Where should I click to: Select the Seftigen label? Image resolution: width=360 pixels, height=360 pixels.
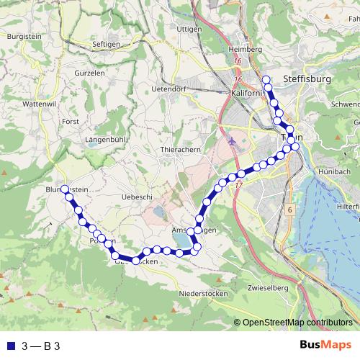coord(107,44)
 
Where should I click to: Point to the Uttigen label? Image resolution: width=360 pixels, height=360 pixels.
coord(189,28)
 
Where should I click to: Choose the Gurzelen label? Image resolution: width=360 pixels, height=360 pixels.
coord(91,73)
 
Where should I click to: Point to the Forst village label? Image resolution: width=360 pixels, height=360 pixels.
coord(71,122)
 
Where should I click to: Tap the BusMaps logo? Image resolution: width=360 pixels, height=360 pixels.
coord(325,346)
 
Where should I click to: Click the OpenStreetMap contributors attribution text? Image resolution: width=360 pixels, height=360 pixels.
coord(297,323)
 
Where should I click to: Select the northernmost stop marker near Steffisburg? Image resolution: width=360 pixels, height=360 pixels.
coord(266,80)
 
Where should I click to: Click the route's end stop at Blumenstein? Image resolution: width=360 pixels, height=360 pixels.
coord(65,189)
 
